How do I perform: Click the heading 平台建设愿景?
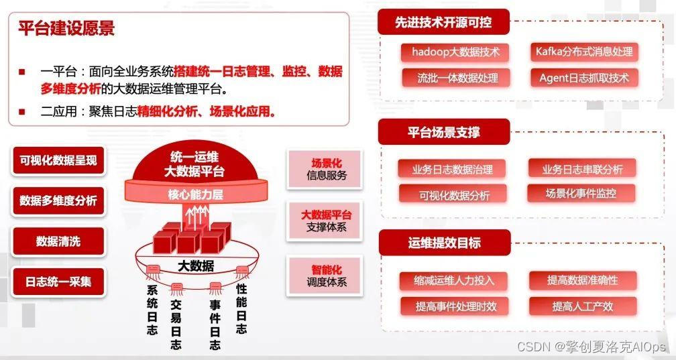tap(66, 28)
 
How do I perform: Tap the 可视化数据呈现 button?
tap(58, 160)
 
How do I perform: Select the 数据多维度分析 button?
tap(58, 200)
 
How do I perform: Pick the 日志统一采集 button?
tap(58, 282)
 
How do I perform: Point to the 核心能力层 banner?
tap(195, 196)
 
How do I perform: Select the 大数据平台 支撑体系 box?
tap(327, 221)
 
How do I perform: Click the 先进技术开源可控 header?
tap(443, 23)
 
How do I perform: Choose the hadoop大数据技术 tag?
tap(451, 52)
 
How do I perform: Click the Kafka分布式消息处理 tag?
tap(583, 52)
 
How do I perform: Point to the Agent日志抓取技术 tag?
tap(583, 78)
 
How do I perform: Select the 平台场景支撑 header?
tap(444, 132)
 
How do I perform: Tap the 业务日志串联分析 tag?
tap(582, 169)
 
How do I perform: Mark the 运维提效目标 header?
tap(444, 243)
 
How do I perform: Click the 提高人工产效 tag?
tap(582, 306)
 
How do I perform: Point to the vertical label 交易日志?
tap(176, 324)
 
